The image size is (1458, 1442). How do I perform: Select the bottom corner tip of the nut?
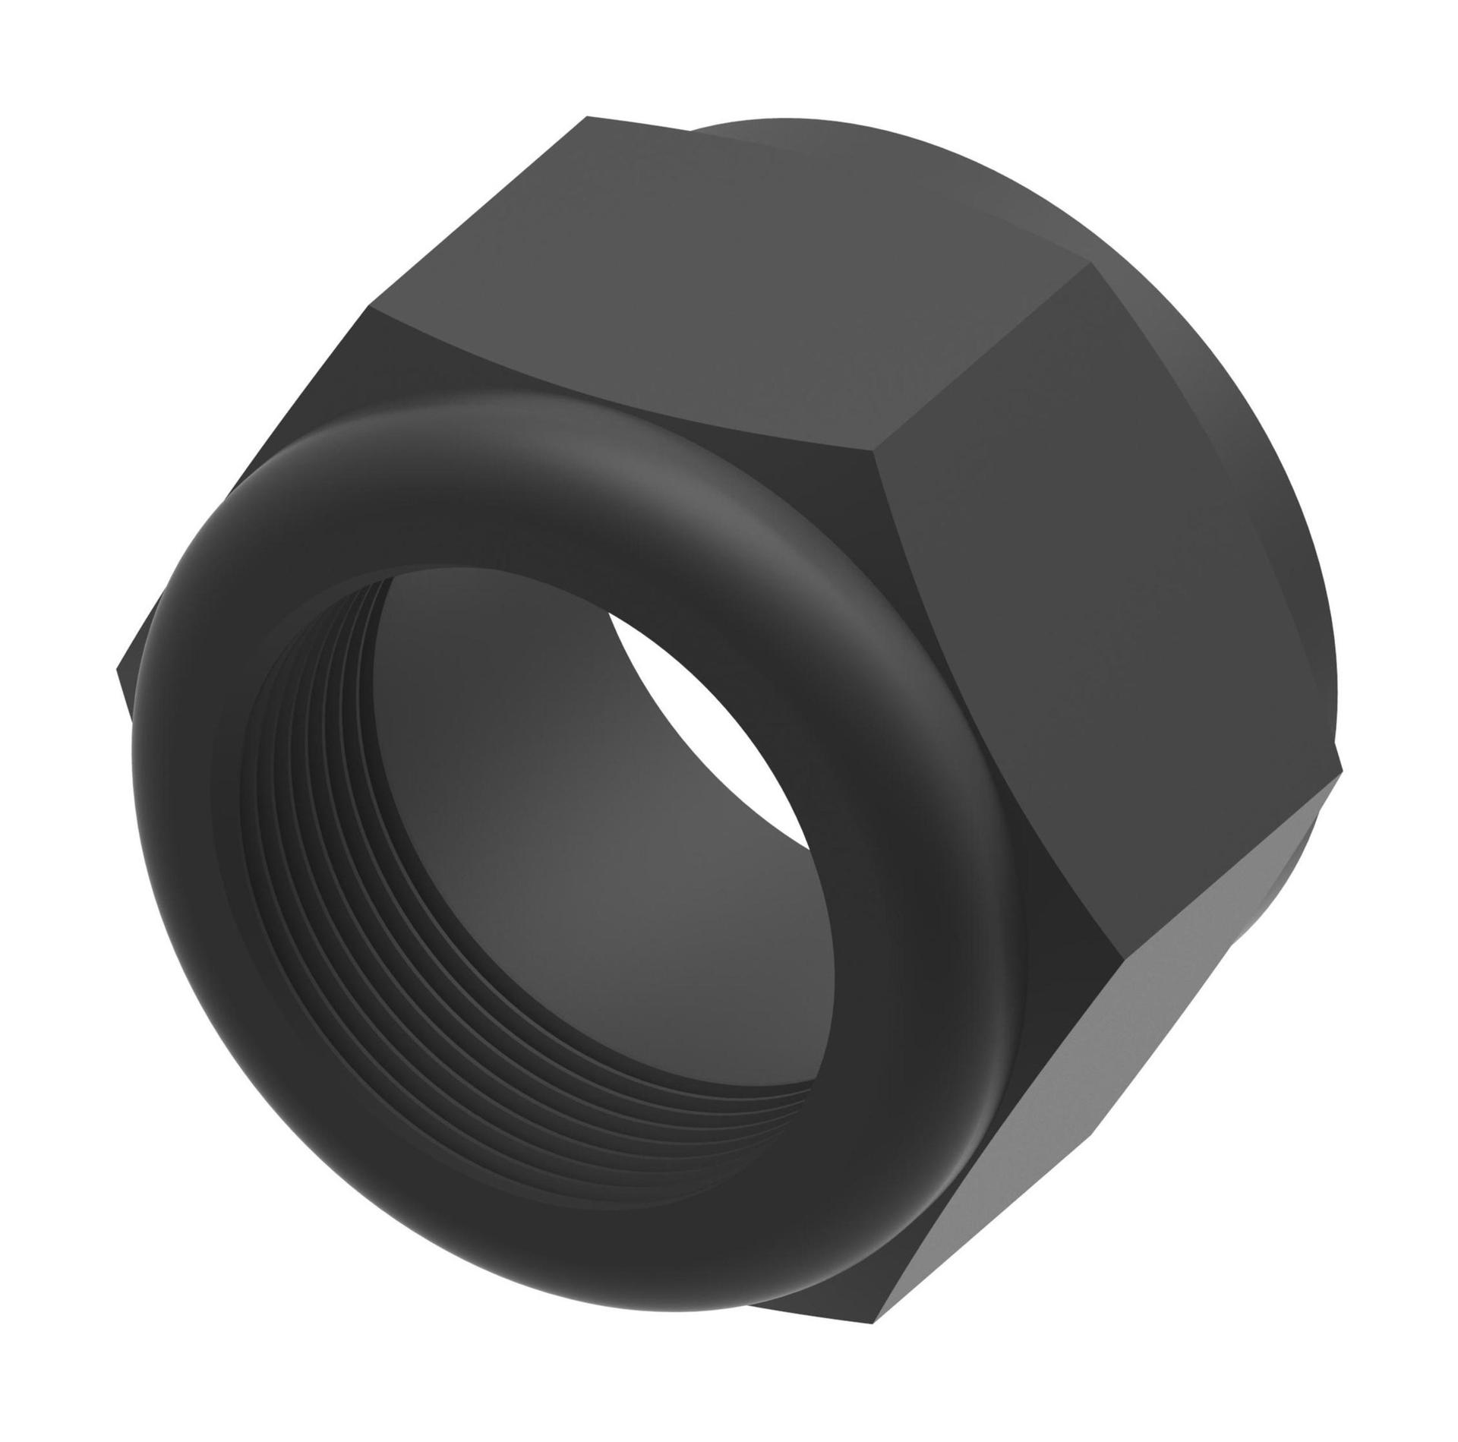(x=881, y=1295)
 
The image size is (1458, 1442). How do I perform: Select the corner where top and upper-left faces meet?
(x=371, y=308)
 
